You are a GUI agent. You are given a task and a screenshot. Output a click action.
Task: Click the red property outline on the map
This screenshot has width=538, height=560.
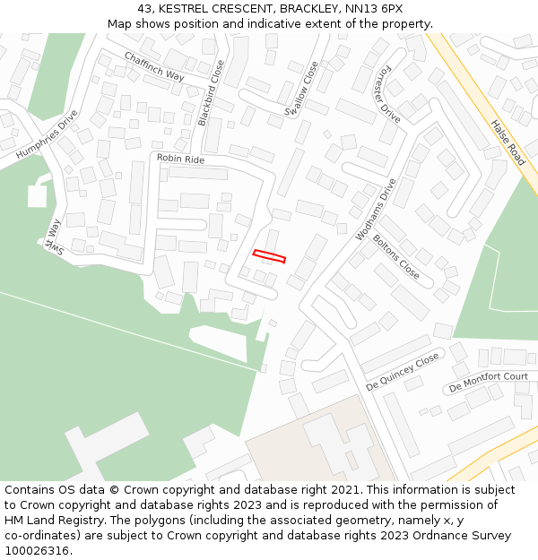(269, 256)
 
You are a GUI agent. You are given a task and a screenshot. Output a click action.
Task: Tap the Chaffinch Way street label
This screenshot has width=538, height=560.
(154, 67)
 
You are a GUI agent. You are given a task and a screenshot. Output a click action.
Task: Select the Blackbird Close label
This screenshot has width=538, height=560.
(211, 92)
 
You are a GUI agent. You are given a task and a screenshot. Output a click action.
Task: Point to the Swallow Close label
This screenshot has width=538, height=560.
(301, 89)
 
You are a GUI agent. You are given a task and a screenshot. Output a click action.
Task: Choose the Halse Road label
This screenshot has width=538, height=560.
(508, 142)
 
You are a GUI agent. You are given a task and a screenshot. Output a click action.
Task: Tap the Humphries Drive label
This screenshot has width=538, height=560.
(47, 135)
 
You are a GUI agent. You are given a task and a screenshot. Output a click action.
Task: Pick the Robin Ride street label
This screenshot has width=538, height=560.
(180, 159)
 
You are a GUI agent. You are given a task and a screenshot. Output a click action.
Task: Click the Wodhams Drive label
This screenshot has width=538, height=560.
(376, 210)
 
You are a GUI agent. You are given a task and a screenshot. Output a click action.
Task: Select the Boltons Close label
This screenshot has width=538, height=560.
(396, 256)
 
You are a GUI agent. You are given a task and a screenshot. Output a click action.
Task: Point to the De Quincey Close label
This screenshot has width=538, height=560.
(403, 371)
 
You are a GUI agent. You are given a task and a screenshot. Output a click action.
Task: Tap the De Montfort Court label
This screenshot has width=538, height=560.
(489, 382)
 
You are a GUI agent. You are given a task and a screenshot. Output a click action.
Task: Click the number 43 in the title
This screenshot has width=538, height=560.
(146, 8)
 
